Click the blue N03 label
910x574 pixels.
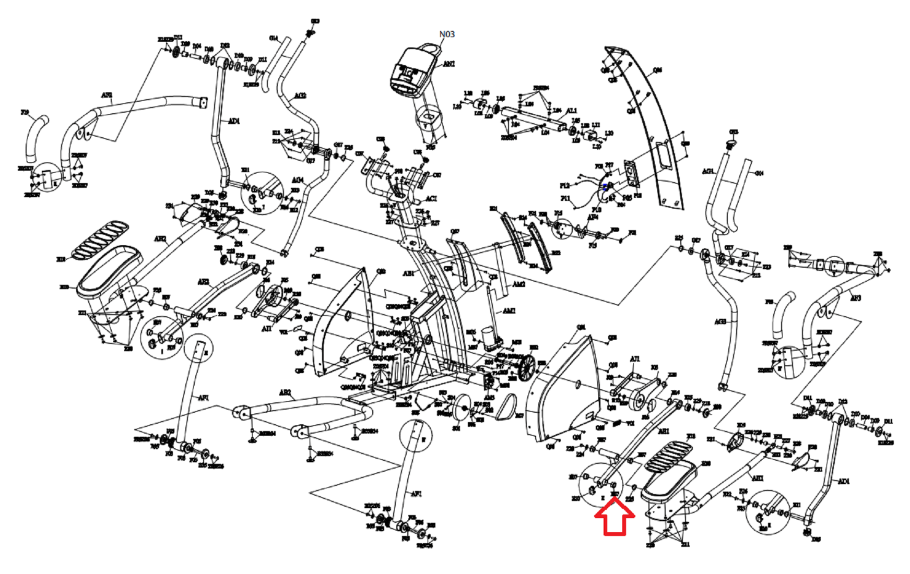tap(447, 34)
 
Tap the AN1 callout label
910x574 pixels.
tap(448, 64)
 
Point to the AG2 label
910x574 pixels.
tap(300, 95)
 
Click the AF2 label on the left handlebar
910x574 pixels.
tap(107, 95)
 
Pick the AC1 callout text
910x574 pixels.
tap(431, 198)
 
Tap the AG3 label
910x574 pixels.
tap(720, 322)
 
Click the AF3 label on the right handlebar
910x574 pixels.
tap(855, 298)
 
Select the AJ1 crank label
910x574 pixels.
tap(634, 359)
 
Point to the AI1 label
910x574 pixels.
tap(267, 328)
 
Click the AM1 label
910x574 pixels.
tap(509, 311)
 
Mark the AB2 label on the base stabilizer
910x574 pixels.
tap(285, 392)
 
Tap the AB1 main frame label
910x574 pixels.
tap(408, 273)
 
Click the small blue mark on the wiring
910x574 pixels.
tap(605, 185)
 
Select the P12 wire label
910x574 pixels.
tap(564, 186)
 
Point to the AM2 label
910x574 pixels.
tap(518, 284)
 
